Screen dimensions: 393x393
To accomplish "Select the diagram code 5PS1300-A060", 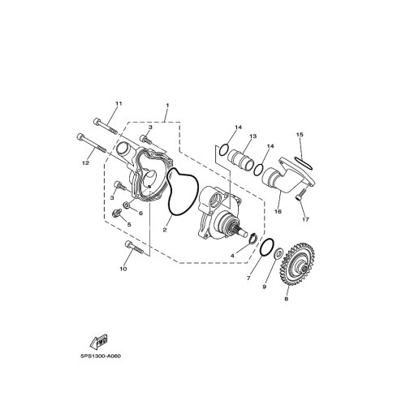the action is coord(101,356).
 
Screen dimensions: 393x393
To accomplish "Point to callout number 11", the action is coord(119,104).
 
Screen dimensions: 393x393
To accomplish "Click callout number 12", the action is coord(85,163).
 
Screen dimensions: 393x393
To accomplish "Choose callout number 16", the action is coord(278,211).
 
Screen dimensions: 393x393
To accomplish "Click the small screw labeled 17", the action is coord(300,195).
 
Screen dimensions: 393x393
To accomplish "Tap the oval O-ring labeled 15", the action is coord(303,163).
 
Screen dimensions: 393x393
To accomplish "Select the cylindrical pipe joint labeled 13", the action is coord(240,159).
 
